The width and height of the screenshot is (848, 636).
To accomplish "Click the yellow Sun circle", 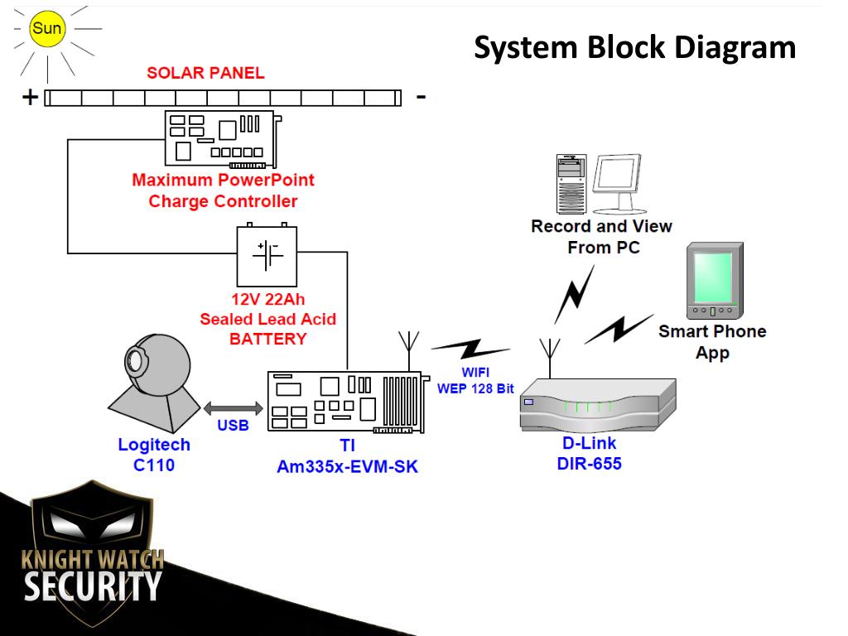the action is (47, 28).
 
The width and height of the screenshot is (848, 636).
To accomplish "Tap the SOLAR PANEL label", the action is (205, 73).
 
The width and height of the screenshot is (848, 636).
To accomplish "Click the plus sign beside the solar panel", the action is (31, 98).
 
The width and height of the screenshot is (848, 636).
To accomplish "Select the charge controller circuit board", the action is (222, 139).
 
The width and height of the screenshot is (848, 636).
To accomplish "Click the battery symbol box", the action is (267, 256).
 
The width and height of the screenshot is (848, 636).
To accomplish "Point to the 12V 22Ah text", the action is (268, 299).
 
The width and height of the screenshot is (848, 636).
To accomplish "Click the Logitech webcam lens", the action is (134, 359).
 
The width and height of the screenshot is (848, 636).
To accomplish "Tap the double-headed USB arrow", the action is (233, 408).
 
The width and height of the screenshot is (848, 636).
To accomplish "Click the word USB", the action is (233, 425).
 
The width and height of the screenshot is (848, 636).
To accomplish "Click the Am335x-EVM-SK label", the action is (347, 467).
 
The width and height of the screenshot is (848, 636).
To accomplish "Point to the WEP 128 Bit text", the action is (475, 389).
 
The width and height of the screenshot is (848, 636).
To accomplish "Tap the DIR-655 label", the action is (589, 464).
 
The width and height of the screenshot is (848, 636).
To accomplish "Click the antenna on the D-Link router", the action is (550, 358).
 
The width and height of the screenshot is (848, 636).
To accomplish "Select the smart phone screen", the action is (713, 277).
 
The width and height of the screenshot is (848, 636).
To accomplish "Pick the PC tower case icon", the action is (571, 184).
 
